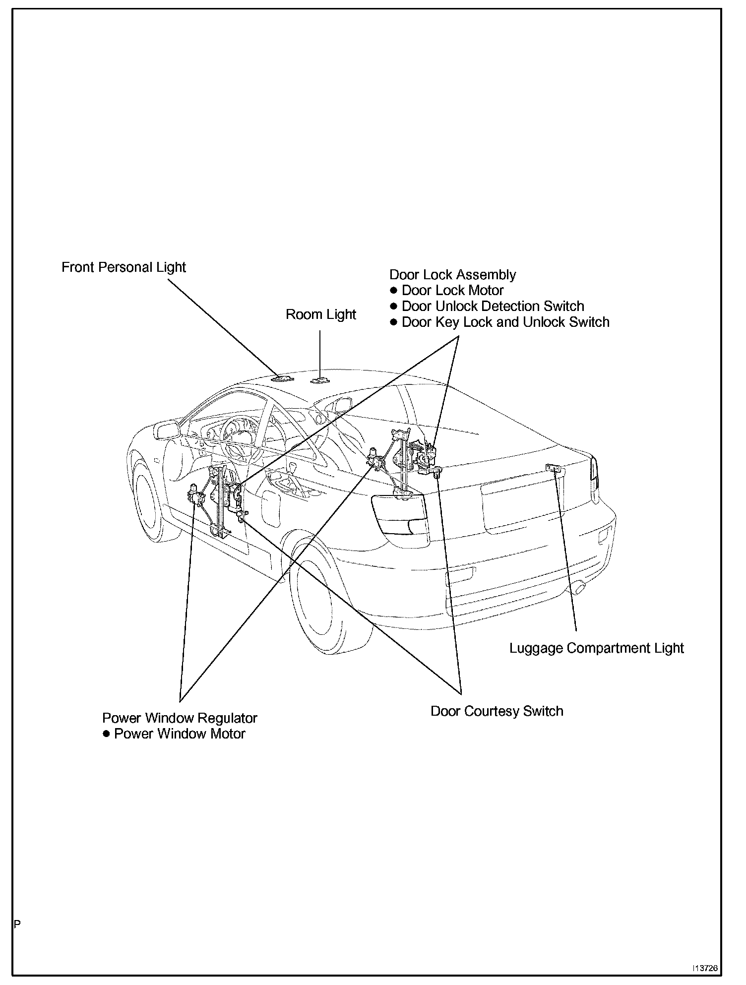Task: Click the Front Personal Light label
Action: (124, 267)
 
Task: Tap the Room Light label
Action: (321, 314)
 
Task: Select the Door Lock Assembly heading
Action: (452, 275)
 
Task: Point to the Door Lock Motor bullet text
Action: (452, 291)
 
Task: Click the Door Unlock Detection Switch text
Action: (493, 307)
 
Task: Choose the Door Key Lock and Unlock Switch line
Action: (505, 322)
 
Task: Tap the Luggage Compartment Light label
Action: (596, 648)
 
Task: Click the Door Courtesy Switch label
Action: (497, 711)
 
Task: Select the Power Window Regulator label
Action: (180, 718)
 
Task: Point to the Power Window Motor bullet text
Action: (180, 734)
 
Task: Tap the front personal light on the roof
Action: (283, 379)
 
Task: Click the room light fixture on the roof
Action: (319, 380)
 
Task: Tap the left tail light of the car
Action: (399, 513)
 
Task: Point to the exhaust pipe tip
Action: (580, 590)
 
